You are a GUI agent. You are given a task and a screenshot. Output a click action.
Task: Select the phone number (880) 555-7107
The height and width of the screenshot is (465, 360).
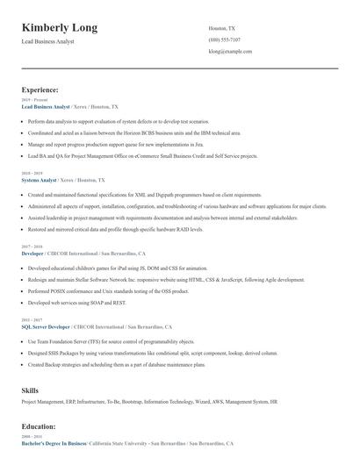tap(225, 40)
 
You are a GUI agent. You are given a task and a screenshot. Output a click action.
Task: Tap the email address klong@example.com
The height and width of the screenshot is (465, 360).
tap(230, 52)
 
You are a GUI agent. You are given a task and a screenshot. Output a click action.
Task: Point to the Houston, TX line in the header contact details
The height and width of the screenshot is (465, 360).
tap(223, 28)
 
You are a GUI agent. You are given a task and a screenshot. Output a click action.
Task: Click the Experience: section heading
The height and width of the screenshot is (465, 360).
tap(40, 89)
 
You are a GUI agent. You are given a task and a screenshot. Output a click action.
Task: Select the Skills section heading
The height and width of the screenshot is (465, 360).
tap(31, 390)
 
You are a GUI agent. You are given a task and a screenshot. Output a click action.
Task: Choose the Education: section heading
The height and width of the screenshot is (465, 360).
tap(39, 426)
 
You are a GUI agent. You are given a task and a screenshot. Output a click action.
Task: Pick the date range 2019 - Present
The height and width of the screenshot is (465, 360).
tap(31, 100)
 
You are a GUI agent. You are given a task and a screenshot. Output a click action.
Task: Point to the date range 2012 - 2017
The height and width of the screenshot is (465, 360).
tap(31, 319)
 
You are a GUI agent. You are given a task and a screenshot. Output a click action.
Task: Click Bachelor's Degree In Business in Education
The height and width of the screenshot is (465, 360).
tap(54, 444)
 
